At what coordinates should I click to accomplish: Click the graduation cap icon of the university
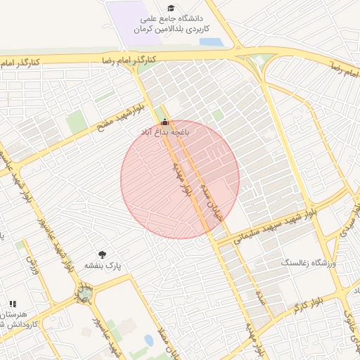point(171,8)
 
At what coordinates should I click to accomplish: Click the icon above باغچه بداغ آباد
point(165,121)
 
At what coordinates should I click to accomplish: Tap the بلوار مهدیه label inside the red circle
point(182,179)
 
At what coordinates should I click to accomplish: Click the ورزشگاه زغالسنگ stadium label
point(309,263)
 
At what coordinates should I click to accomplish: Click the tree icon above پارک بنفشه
point(104,255)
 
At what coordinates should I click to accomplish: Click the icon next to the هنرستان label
point(13,304)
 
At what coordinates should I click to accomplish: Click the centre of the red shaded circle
point(180,179)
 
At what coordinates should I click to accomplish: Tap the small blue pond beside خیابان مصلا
point(148,340)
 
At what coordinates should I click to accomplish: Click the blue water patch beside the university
point(211,42)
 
